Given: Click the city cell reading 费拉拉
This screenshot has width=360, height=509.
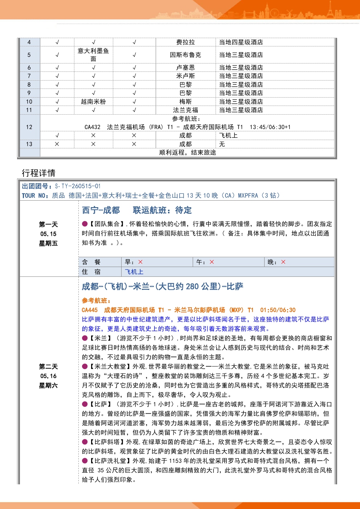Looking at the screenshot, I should pyautogui.click(x=185, y=42).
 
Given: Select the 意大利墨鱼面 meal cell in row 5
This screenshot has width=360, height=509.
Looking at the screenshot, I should pyautogui.click(x=93, y=55).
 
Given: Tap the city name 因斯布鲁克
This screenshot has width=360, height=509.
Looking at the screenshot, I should pyautogui.click(x=185, y=55).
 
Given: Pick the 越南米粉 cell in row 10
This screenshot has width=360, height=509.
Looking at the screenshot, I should pyautogui.click(x=93, y=102).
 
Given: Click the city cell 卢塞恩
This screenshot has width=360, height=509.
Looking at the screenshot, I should pyautogui.click(x=185, y=67).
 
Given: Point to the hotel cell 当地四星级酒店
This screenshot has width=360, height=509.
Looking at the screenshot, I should pyautogui.click(x=241, y=42).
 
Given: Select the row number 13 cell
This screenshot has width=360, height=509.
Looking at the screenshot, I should pyautogui.click(x=29, y=144).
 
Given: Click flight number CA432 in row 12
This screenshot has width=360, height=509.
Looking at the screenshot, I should pyautogui.click(x=93, y=127).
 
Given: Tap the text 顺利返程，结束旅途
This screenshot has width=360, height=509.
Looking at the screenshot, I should pyautogui.click(x=188, y=152).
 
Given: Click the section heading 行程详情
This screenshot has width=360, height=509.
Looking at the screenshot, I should pyautogui.click(x=38, y=173).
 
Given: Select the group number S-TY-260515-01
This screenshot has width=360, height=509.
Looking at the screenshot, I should pyautogui.click(x=78, y=186).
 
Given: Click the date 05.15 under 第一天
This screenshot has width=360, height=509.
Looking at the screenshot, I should pyautogui.click(x=48, y=234).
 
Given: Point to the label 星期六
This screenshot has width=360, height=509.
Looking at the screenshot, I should pyautogui.click(x=48, y=385).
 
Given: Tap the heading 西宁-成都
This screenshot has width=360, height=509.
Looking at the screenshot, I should pyautogui.click(x=101, y=210).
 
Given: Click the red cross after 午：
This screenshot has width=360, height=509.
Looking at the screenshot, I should pyautogui.click(x=212, y=262).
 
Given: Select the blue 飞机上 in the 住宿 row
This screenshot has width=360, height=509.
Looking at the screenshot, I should pyautogui.click(x=134, y=272).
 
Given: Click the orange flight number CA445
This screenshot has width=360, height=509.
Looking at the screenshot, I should pyautogui.click(x=90, y=310).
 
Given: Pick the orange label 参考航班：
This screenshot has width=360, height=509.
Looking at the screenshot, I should pyautogui.click(x=96, y=300).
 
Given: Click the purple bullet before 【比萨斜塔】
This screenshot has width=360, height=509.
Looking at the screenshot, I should pyautogui.click(x=85, y=442).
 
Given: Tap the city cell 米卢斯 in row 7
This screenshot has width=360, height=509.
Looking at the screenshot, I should pyautogui.click(x=185, y=76).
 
